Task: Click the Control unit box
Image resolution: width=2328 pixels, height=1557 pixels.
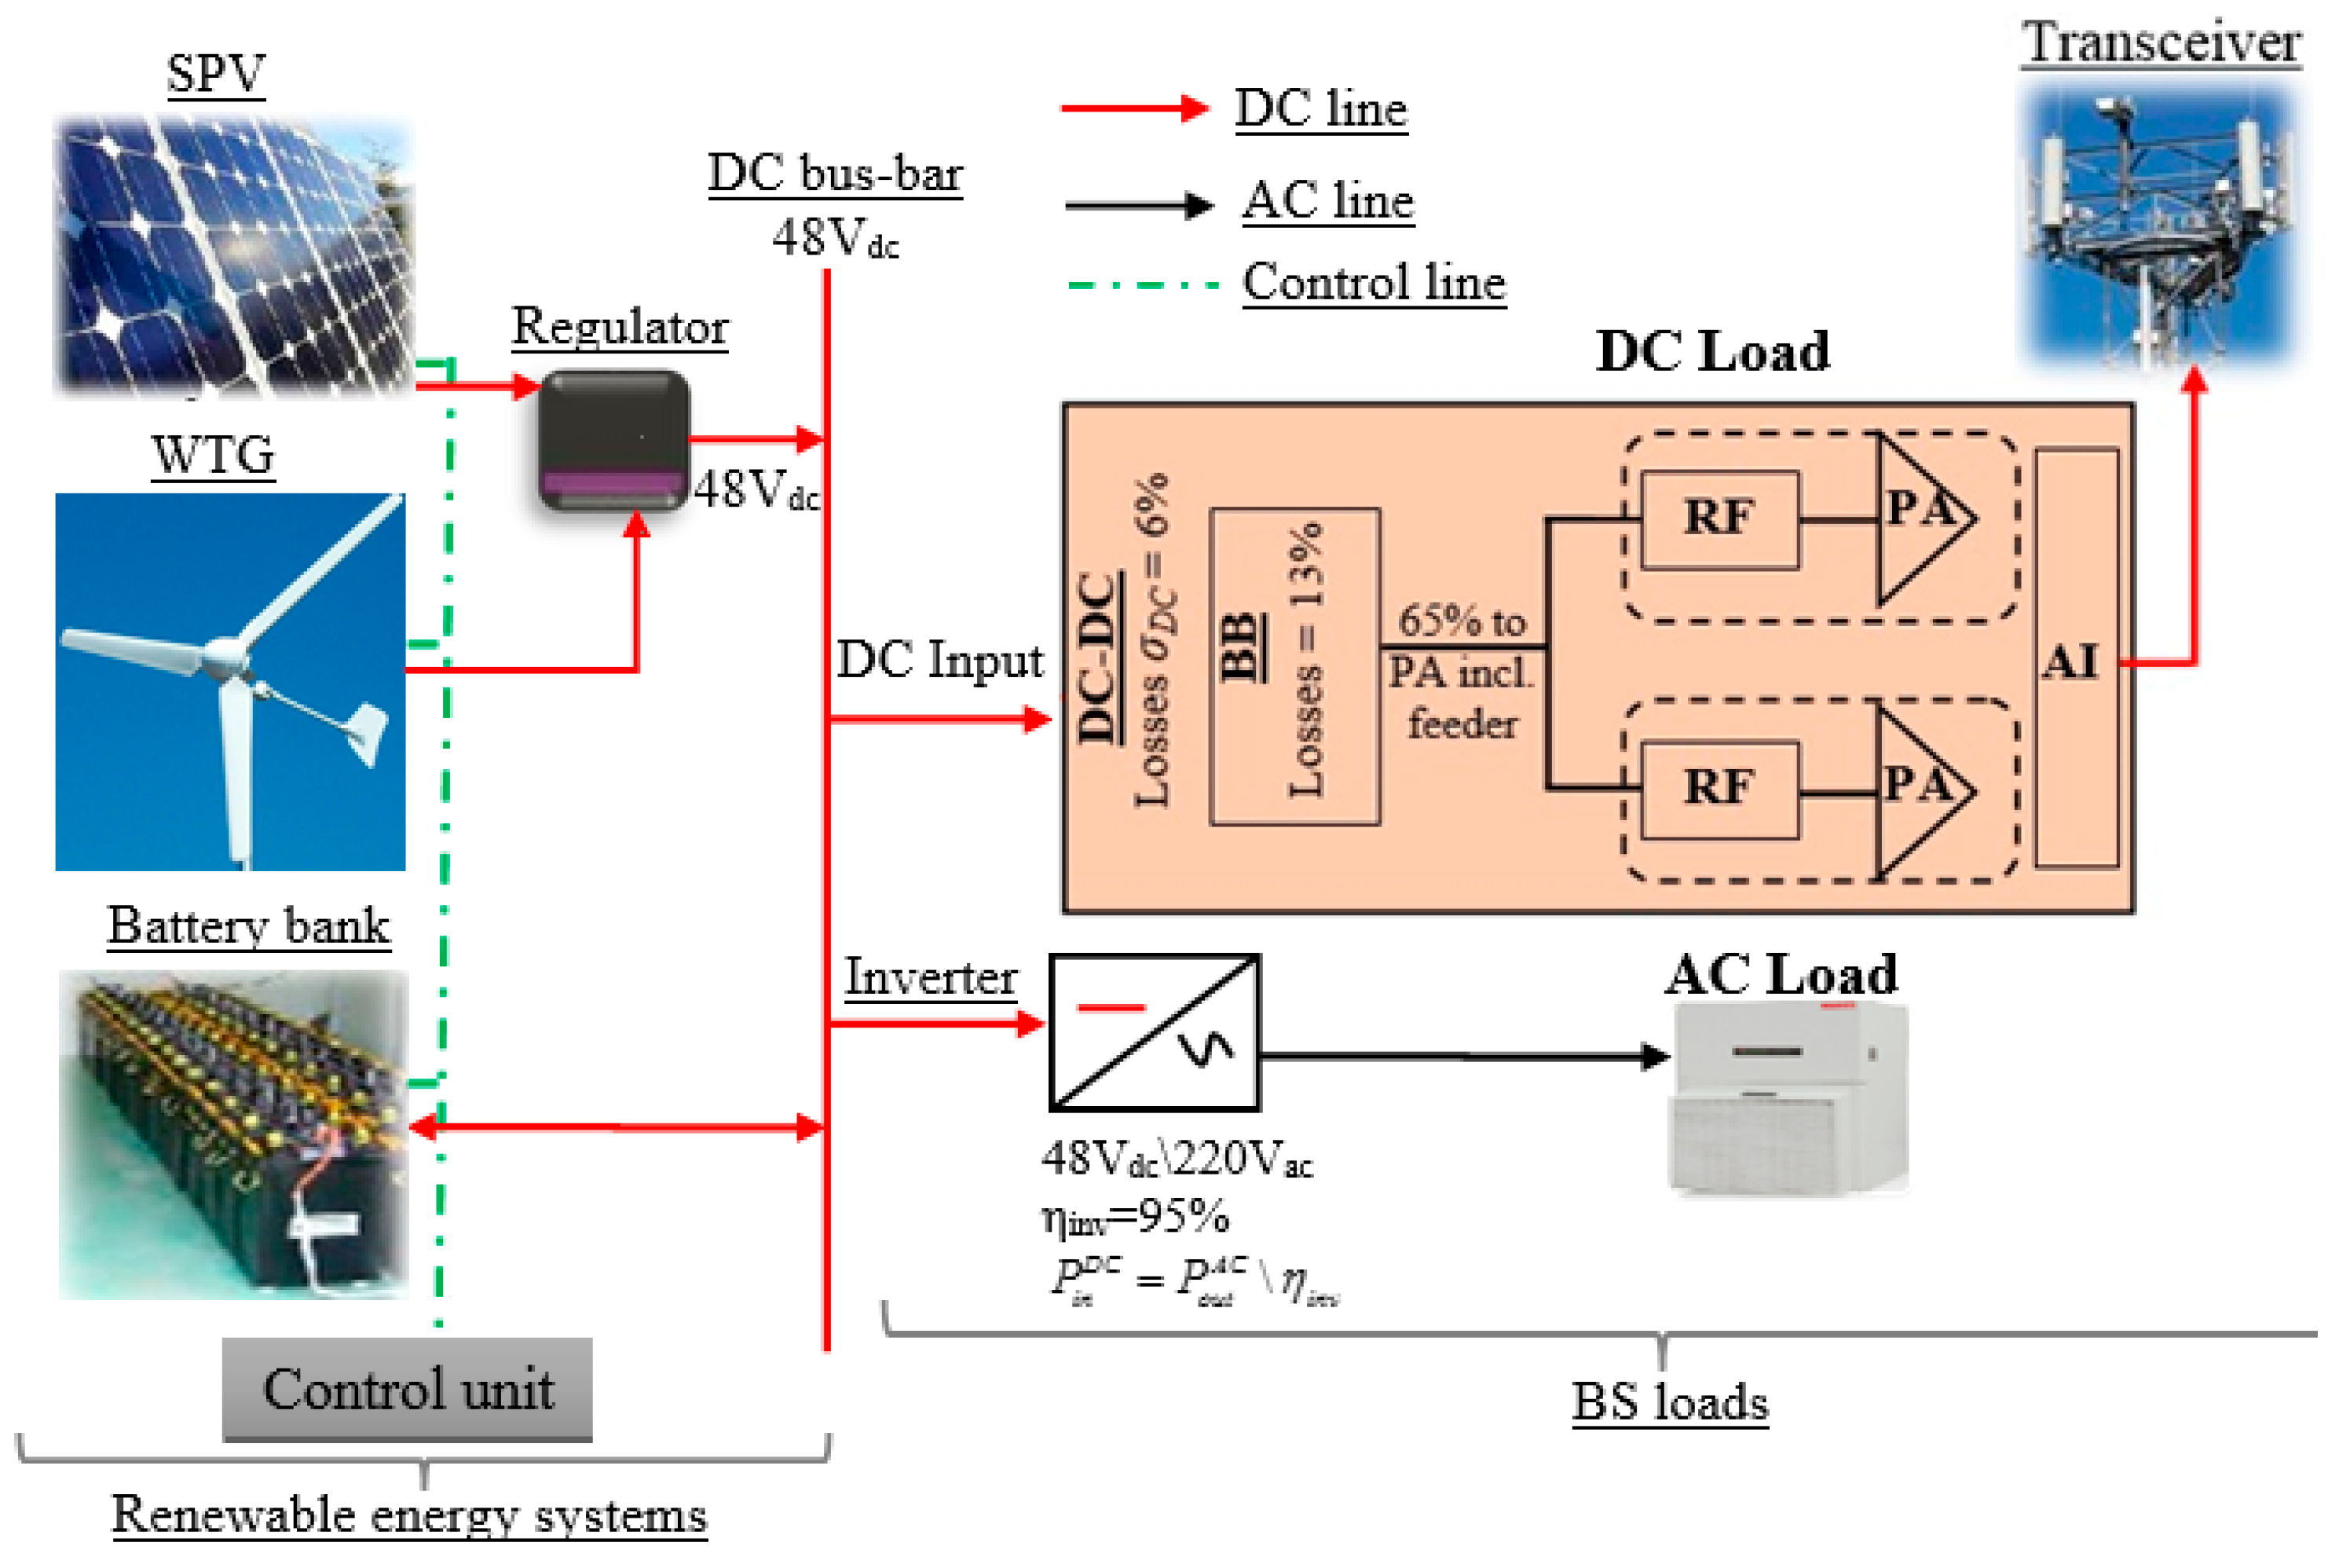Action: (407, 1388)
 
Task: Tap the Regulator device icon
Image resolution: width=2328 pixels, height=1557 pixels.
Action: (613, 440)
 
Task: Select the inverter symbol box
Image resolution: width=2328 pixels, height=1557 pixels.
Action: (1155, 1033)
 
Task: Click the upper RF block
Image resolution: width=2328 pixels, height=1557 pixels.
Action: (1719, 519)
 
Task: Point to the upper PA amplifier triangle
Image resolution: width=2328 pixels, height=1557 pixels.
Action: (1916, 519)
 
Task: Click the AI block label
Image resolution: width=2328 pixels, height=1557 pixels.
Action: (2071, 661)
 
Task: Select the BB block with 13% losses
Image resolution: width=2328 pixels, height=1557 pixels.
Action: (1294, 665)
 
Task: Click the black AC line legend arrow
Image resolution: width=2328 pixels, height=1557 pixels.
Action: (1138, 206)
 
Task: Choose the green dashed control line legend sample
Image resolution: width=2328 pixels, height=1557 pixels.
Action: (1142, 285)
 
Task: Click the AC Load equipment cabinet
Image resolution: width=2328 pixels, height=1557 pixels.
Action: (1787, 1097)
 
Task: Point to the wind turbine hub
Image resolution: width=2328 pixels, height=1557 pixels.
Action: (225, 655)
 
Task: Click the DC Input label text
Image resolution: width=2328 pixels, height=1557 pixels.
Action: (939, 661)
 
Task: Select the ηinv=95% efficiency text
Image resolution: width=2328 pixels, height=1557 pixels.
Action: (1135, 1216)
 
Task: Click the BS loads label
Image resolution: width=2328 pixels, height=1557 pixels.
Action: (1669, 1401)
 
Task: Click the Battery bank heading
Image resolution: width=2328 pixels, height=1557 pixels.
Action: (248, 925)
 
